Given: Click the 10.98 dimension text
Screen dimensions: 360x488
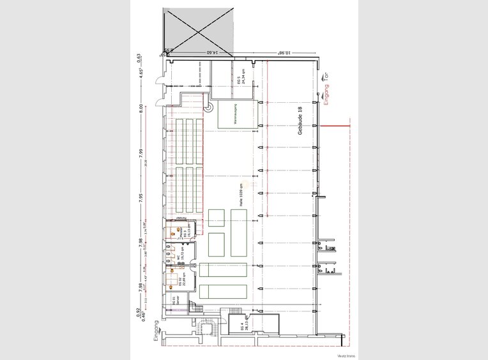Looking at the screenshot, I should [288, 53].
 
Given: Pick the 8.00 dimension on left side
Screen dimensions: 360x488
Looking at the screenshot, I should [140, 119].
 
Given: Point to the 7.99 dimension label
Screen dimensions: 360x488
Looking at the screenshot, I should [140, 157].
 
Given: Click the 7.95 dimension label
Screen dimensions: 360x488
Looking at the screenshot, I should [140, 196].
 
